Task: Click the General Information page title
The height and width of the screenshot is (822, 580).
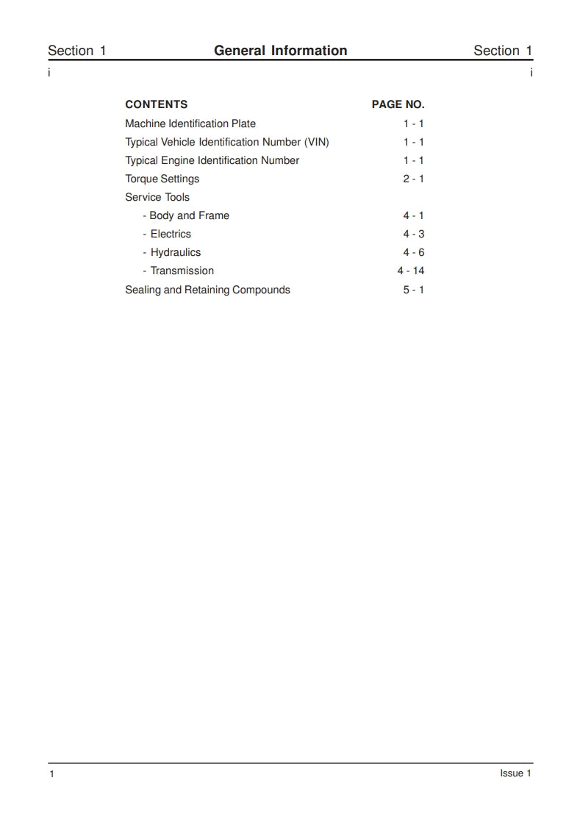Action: click(280, 51)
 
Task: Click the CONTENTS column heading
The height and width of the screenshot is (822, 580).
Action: click(156, 104)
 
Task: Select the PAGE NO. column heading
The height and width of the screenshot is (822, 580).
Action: click(398, 104)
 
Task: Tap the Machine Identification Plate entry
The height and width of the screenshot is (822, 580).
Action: click(190, 124)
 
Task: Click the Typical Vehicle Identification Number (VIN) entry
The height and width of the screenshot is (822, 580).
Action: click(226, 142)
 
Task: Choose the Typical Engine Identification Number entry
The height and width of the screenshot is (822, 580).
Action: click(212, 160)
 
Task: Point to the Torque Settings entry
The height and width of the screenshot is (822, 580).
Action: click(162, 179)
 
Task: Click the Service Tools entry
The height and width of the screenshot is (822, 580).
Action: click(157, 197)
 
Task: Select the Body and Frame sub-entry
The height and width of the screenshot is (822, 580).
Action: click(188, 215)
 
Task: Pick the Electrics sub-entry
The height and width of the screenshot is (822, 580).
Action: click(170, 234)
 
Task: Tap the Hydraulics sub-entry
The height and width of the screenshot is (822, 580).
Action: click(175, 252)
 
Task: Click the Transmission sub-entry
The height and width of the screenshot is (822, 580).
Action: click(182, 271)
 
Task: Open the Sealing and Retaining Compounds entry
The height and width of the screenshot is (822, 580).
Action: click(207, 290)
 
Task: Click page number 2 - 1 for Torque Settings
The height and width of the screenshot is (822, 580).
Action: click(413, 179)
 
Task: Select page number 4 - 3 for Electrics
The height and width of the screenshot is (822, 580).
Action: click(413, 234)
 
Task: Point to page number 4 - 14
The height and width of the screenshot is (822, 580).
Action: click(411, 271)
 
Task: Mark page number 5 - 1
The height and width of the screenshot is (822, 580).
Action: click(413, 290)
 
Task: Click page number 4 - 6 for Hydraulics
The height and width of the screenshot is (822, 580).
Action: click(413, 252)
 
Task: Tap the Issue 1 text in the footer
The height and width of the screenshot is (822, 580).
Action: click(515, 773)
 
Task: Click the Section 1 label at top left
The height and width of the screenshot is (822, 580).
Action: click(77, 51)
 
